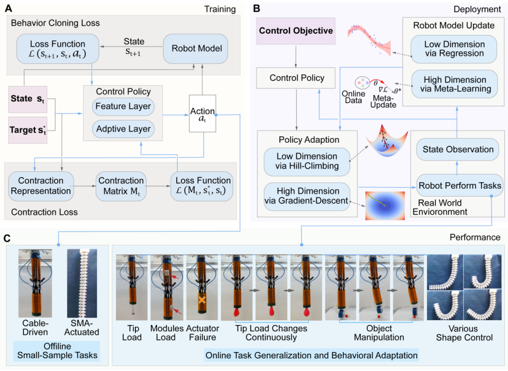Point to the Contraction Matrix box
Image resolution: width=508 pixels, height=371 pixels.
click(x=121, y=185)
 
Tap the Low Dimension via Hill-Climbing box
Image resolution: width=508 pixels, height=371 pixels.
click(x=306, y=162)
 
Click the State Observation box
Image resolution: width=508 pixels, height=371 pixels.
click(x=458, y=149)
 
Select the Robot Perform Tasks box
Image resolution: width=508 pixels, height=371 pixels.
click(x=458, y=185)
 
